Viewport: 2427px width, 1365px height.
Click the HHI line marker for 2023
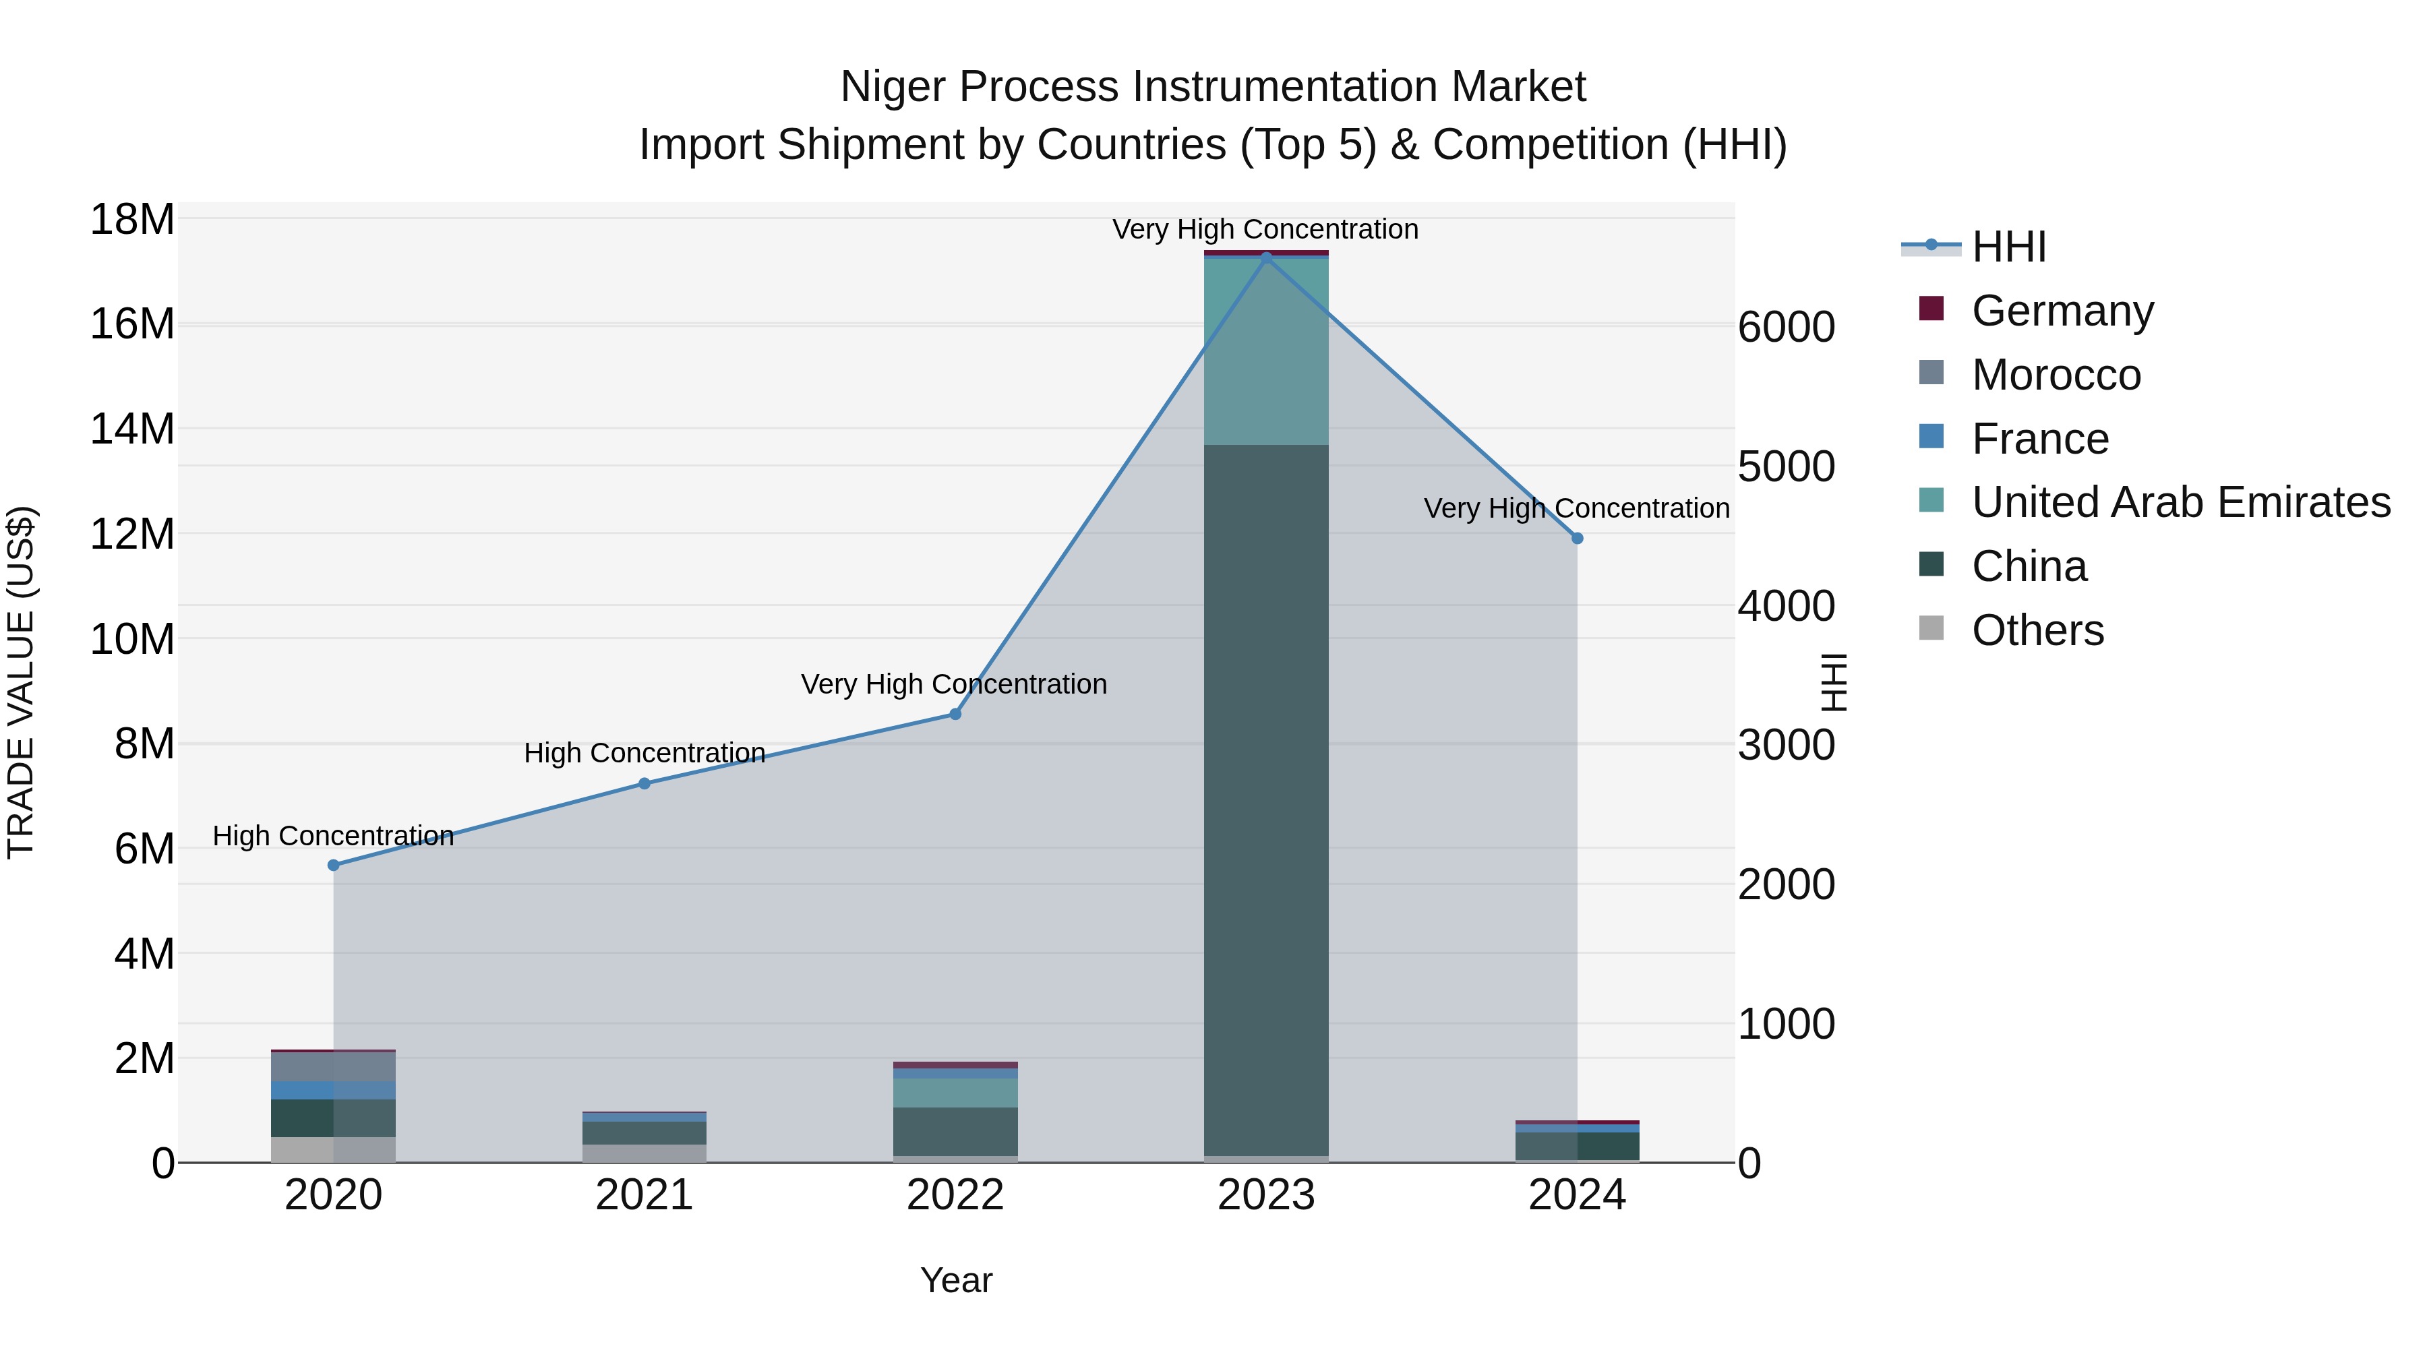1266,256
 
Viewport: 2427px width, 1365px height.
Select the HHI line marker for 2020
334,865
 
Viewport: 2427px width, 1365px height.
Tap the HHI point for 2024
1577,538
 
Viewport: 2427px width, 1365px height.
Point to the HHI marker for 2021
645,783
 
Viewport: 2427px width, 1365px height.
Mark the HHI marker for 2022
955,714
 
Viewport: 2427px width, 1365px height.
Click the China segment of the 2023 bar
1266,801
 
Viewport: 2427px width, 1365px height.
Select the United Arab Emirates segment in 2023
1266,351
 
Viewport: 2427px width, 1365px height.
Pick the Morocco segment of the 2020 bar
334,1066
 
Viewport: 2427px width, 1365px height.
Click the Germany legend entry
2062,311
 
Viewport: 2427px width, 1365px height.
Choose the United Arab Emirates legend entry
2180,502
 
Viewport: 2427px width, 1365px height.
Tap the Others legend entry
2037,630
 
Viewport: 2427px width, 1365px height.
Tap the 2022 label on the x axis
955,1195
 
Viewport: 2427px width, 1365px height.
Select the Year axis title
956,1280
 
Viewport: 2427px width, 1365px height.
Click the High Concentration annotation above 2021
645,753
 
